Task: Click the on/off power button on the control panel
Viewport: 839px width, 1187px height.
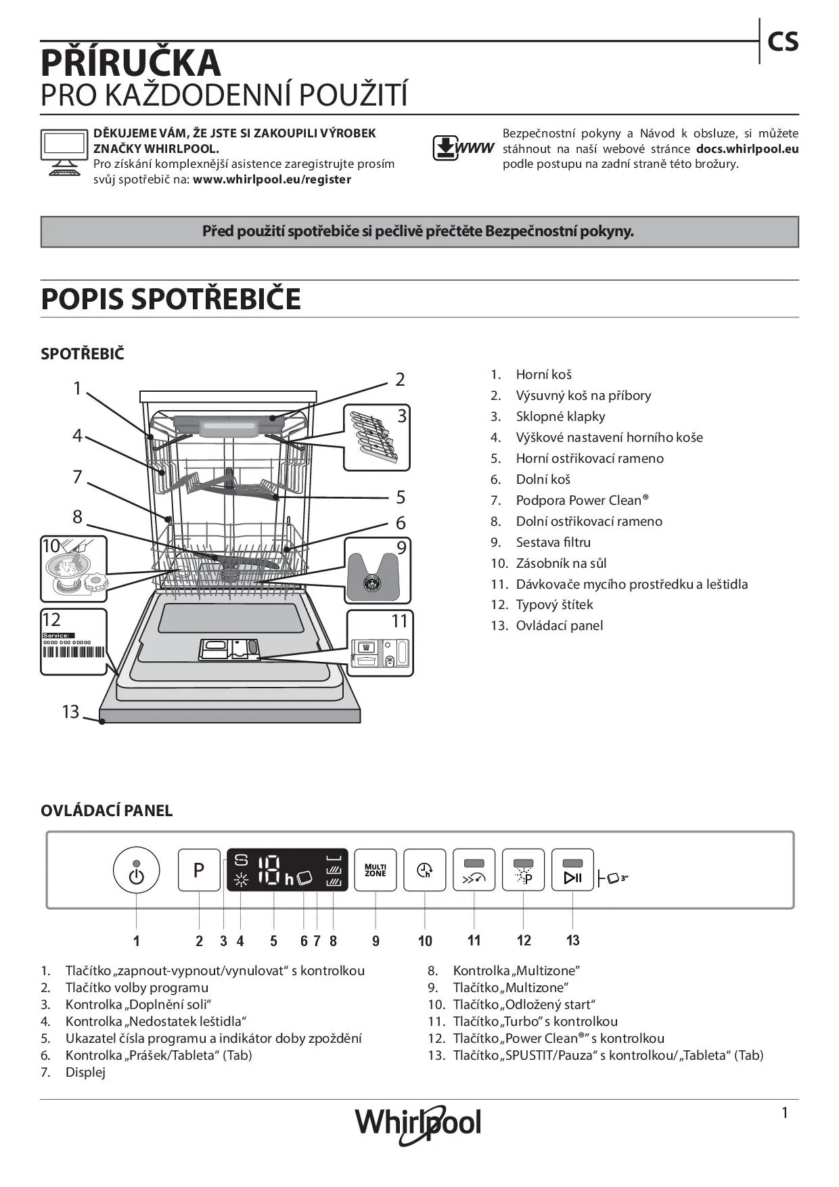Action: point(137,872)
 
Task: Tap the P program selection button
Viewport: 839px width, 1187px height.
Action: point(199,870)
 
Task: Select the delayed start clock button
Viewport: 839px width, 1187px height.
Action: point(425,870)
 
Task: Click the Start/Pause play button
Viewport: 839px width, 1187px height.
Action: point(572,871)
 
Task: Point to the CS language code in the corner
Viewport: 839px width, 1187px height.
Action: point(783,42)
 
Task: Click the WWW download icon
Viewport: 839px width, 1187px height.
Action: point(463,148)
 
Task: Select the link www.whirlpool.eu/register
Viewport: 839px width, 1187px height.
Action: point(272,179)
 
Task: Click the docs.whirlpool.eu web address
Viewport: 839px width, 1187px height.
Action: point(747,149)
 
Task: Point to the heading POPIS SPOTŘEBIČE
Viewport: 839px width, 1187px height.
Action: point(171,299)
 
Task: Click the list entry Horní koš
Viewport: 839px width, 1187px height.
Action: point(543,374)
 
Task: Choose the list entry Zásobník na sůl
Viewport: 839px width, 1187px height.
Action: point(561,563)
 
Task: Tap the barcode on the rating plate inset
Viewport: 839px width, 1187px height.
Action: point(74,652)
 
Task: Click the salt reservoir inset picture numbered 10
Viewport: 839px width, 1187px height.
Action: point(74,568)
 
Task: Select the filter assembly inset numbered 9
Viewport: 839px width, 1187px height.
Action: point(378,570)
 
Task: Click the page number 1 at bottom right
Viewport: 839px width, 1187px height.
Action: point(785,1113)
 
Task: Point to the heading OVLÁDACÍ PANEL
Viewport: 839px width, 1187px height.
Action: point(107,811)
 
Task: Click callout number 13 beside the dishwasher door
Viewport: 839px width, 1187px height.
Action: point(70,711)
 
